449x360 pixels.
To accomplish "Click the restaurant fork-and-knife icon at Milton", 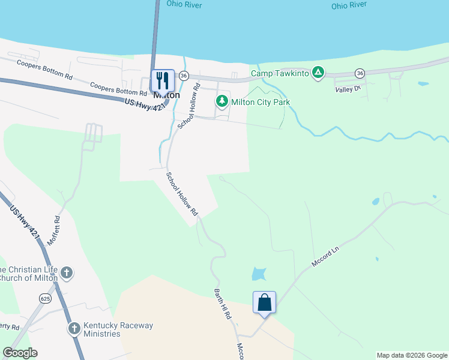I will (162, 80).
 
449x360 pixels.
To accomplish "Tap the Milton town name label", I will (166, 95).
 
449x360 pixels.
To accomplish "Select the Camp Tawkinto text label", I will (280, 74).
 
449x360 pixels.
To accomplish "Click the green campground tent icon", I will (318, 73).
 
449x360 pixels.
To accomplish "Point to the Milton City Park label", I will (261, 102).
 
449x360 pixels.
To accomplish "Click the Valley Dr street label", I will (348, 89).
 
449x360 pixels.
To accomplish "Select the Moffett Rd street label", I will (57, 228).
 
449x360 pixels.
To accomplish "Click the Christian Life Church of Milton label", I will (28, 273).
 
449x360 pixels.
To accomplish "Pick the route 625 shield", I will (46, 298).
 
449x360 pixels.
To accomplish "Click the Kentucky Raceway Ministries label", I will (118, 329).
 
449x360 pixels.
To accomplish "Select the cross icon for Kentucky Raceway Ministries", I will (74, 328).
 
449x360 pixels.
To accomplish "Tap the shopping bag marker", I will (264, 302).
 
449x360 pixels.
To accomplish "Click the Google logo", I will (20, 353).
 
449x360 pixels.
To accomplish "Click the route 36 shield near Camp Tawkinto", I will (360, 73).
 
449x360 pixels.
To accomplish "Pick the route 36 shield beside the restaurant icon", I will (184, 76).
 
